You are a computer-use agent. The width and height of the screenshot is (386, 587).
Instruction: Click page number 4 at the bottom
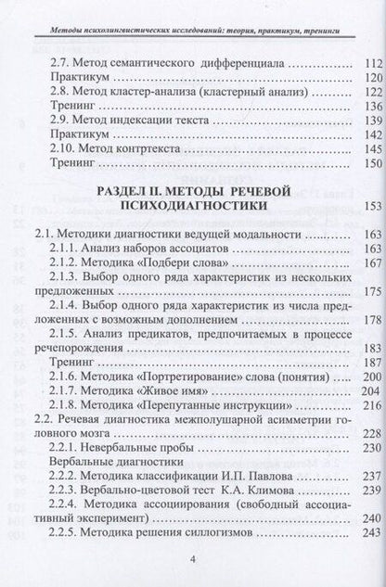tap(192, 559)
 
